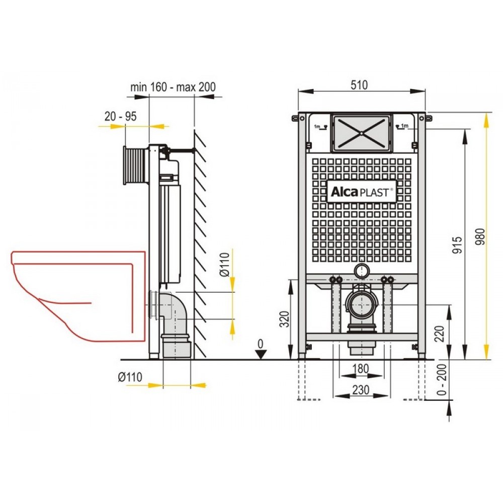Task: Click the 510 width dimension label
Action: [359, 86]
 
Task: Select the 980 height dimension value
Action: [480, 237]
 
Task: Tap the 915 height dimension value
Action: [457, 245]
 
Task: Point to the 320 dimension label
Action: [285, 319]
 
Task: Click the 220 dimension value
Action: [439, 334]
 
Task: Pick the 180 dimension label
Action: [361, 369]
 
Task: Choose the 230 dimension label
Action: [361, 390]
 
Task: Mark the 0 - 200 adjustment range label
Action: [442, 379]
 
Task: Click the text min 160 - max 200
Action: [173, 87]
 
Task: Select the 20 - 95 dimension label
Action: [121, 116]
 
